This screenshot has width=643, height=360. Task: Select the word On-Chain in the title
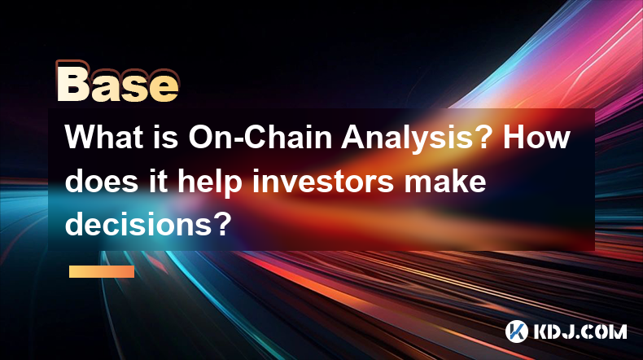(x=260, y=137)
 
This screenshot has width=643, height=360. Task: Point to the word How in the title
(x=536, y=137)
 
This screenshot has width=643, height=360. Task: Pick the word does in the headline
(x=101, y=181)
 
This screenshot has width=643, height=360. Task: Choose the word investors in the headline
(x=323, y=181)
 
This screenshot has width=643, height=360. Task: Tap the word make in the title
(x=445, y=181)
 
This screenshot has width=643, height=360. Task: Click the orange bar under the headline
(x=102, y=271)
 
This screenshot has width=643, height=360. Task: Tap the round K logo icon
(x=517, y=331)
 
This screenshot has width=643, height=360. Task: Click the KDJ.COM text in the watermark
(x=580, y=331)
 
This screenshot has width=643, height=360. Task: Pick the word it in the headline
(x=158, y=181)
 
